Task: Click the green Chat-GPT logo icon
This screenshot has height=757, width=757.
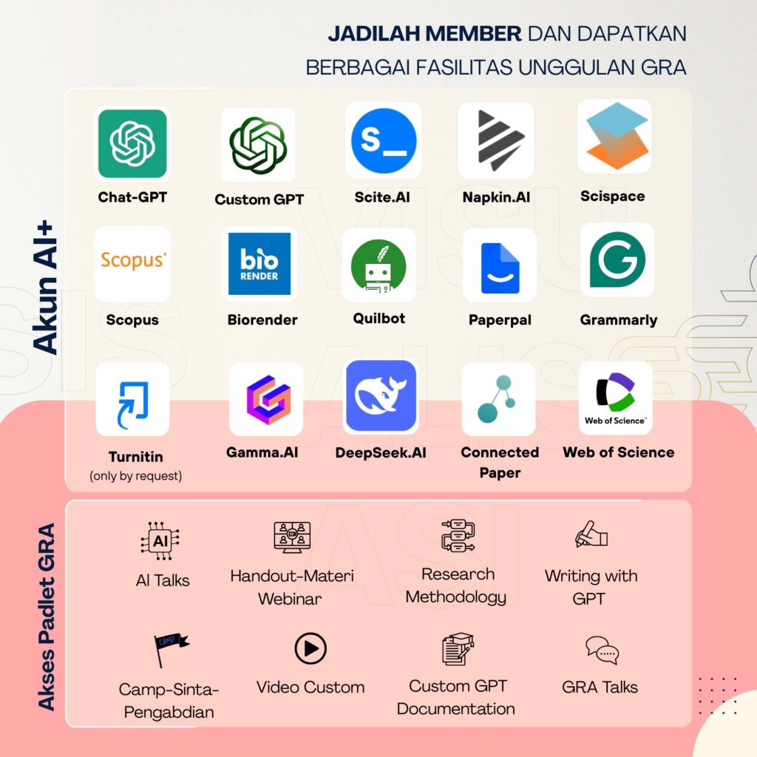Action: [x=132, y=143]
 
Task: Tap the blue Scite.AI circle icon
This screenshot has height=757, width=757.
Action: [x=384, y=140]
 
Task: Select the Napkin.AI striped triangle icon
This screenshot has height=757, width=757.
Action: [x=496, y=140]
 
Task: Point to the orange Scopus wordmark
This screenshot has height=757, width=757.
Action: [x=133, y=259]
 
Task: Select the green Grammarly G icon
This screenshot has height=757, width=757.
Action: [x=617, y=259]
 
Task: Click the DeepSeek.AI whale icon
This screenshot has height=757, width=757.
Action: [x=381, y=397]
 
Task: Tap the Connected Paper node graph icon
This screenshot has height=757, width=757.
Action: [x=498, y=400]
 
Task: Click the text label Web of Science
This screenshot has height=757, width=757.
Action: [x=619, y=452]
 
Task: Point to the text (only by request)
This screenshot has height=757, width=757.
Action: [x=136, y=476]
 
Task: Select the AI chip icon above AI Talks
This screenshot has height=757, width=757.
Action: [x=160, y=541]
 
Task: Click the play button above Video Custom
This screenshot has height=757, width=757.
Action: [x=310, y=649]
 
